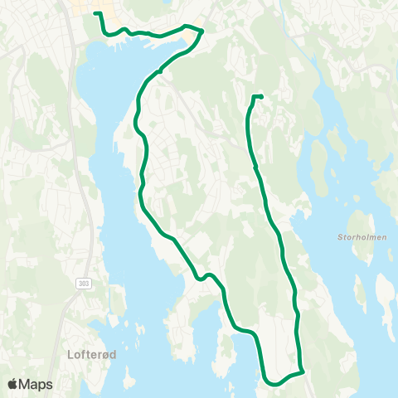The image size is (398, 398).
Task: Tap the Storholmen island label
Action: [359, 237]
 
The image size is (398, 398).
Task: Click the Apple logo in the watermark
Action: [13, 384]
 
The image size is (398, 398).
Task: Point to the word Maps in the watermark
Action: [37, 384]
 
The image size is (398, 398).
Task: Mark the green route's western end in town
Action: [95, 13]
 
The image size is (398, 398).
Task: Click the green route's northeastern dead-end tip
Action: [262, 97]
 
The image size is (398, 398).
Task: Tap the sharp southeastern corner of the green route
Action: [303, 371]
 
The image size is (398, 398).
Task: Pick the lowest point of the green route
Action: [270, 383]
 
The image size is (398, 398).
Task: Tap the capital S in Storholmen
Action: [340, 237]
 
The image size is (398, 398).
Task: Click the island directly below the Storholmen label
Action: [359, 290]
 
